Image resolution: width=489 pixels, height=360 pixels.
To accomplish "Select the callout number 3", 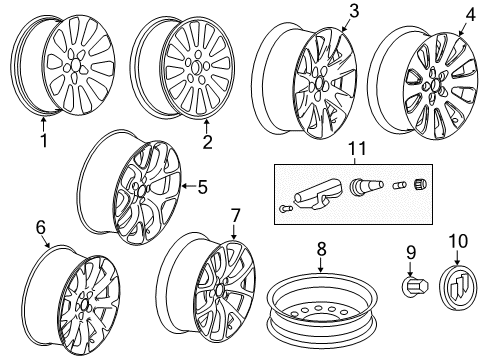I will tap(325, 11).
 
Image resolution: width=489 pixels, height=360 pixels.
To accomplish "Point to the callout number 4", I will tap(471, 16).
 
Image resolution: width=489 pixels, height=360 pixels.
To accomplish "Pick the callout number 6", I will tap(42, 227).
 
